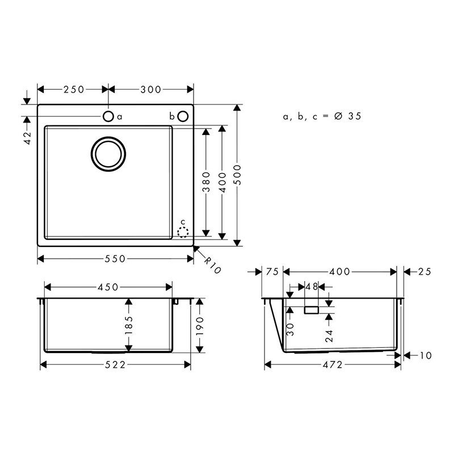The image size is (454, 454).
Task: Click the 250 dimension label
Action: (74, 90)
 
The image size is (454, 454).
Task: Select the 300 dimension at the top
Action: (151, 90)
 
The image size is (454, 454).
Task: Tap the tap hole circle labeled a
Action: (108, 116)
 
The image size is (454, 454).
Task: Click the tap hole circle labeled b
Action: (183, 116)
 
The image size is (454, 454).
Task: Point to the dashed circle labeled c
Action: (183, 232)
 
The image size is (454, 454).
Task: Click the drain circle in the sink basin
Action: (108, 154)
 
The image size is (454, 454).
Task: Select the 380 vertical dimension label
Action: (206, 182)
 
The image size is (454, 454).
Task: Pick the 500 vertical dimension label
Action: (237, 175)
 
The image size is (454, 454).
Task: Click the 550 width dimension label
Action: (115, 259)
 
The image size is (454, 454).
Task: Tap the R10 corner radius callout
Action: (212, 265)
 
